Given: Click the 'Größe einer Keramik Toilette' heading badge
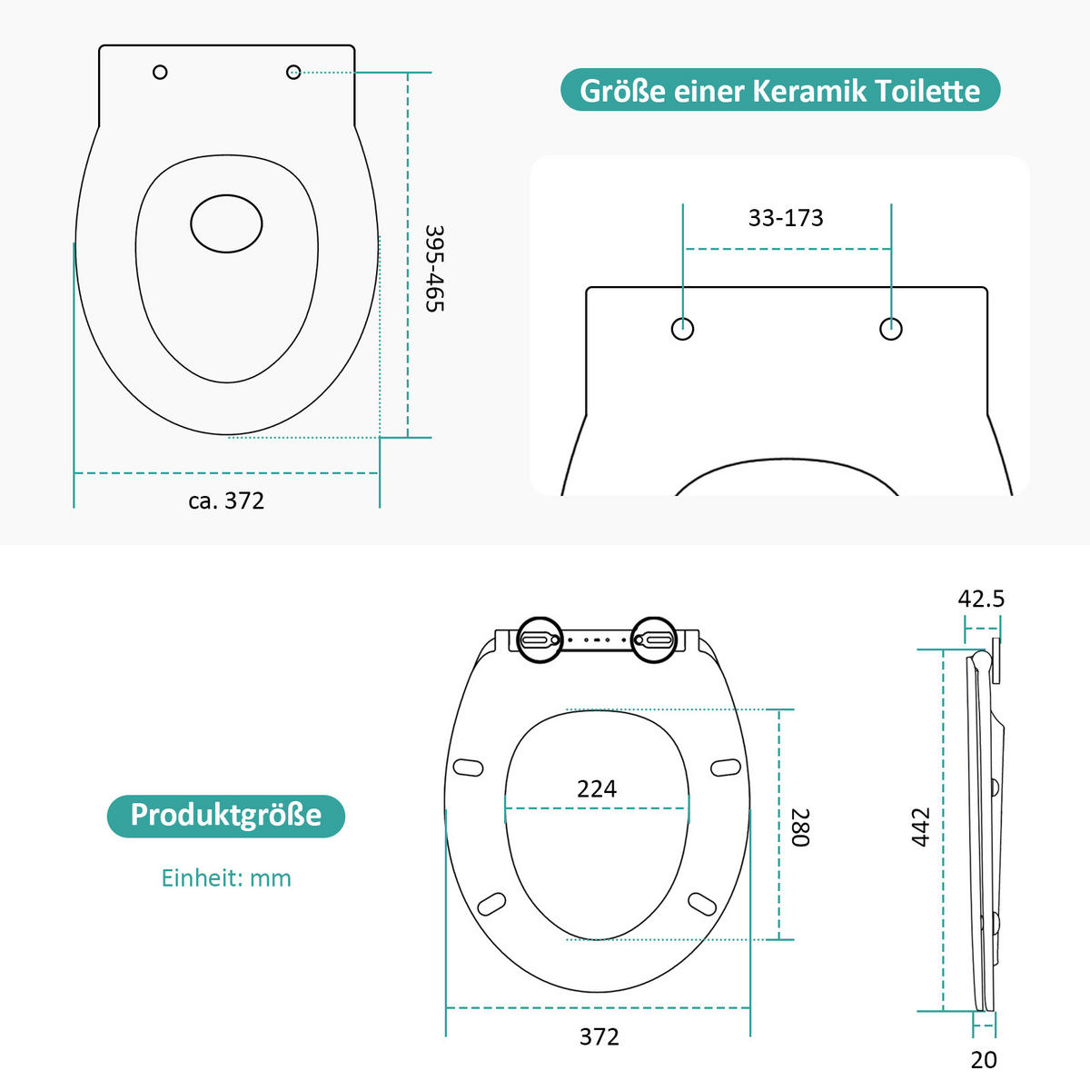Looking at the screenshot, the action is point(780,90).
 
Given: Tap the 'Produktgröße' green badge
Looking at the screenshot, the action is point(225,816).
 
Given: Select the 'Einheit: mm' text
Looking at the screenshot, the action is point(226,877).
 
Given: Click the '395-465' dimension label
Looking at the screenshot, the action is point(434,268).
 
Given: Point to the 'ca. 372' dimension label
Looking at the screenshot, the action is point(226,500).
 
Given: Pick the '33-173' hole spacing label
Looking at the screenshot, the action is point(786,218).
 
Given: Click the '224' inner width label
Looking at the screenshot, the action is point(597,788).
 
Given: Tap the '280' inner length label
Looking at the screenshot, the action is point(800,827).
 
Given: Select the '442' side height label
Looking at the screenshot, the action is point(920,827).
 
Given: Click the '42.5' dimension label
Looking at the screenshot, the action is point(981,599).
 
